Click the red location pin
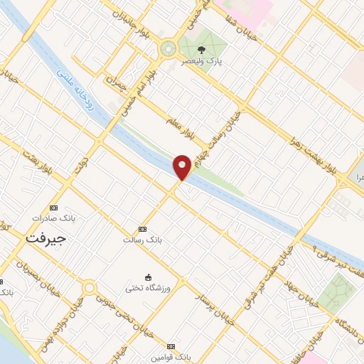(x=182, y=166)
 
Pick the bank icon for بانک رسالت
(x=143, y=229)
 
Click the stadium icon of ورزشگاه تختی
(x=148, y=276)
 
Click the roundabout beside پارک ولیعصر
(x=168, y=49)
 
